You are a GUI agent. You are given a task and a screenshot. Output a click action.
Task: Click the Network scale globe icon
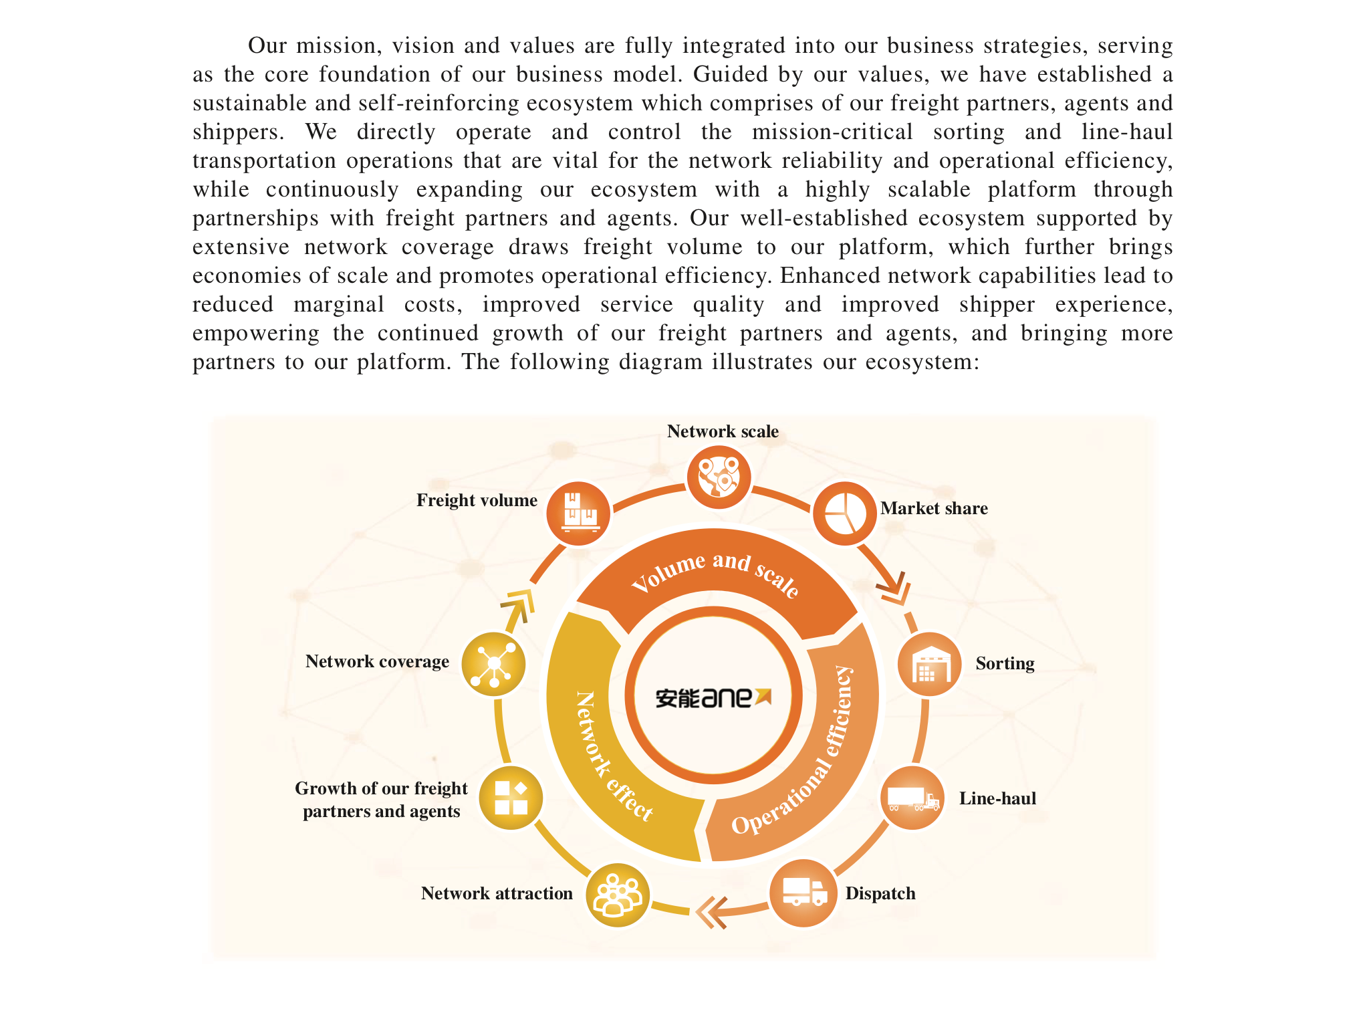pyautogui.click(x=719, y=477)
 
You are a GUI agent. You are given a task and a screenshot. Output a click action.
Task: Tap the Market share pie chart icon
pyautogui.click(x=844, y=513)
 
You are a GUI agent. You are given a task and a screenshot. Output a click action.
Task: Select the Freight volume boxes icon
pyautogui.click(x=579, y=513)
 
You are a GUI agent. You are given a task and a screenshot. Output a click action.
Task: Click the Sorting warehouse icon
pyautogui.click(x=930, y=665)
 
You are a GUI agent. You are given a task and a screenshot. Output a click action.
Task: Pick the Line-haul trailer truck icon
pyautogui.click(x=913, y=798)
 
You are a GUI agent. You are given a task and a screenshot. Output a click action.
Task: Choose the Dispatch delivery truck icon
pyautogui.click(x=803, y=893)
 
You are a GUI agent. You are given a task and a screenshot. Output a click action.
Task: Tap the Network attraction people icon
pyautogui.click(x=618, y=895)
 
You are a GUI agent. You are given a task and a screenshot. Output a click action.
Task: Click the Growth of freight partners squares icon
pyautogui.click(x=511, y=798)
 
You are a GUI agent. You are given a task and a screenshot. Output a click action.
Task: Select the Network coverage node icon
pyautogui.click(x=493, y=664)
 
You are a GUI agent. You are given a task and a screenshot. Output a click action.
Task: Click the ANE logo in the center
pyautogui.click(x=713, y=697)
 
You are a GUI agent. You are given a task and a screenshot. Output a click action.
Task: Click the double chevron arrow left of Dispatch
pyautogui.click(x=711, y=913)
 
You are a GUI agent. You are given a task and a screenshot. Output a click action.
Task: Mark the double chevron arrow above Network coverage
pyautogui.click(x=518, y=605)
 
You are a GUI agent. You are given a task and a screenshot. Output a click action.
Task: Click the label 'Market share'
pyautogui.click(x=934, y=508)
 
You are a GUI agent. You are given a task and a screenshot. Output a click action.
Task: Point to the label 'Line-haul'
pyautogui.click(x=997, y=798)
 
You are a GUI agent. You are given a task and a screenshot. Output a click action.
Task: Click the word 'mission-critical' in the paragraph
pyautogui.click(x=832, y=132)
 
